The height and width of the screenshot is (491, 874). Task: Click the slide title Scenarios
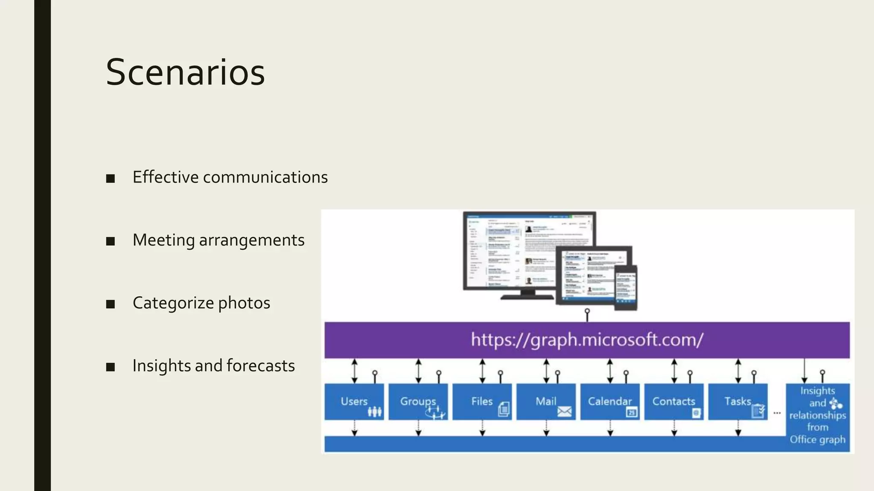coord(185,72)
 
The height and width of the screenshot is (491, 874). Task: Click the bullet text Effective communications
coord(230,177)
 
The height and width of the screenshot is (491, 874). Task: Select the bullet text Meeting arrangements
coord(218,240)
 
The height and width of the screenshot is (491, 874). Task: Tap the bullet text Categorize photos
coord(201,303)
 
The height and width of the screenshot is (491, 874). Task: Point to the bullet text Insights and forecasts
coord(213,366)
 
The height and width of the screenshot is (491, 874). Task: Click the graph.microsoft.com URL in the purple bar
coord(587,340)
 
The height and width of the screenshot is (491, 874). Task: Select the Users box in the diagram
coord(354,401)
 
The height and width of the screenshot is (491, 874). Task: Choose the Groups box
coord(418,401)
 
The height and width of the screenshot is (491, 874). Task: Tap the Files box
coord(482,401)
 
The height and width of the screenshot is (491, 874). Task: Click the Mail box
coord(546,401)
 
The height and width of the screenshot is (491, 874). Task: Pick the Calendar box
coord(610,401)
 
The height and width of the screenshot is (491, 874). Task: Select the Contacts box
coord(673,401)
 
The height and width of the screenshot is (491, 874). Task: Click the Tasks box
coord(737,401)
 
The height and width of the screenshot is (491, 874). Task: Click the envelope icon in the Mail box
coord(564,412)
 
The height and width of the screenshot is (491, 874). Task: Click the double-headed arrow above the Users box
coord(355,370)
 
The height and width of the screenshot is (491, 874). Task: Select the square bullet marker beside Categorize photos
coord(111,304)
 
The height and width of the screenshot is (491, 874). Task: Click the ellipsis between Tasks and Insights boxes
coord(777,413)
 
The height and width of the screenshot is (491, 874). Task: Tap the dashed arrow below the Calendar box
coord(610,428)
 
